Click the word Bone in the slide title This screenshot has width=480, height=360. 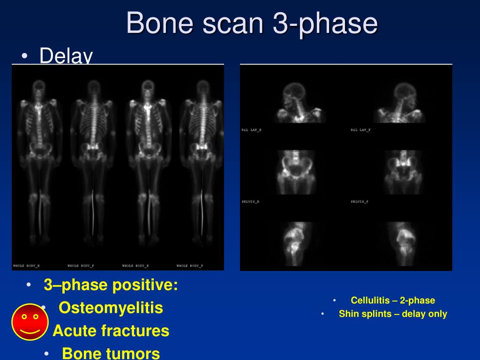pyautogui.click(x=159, y=23)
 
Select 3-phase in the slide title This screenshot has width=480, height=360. pyautogui.click(x=325, y=23)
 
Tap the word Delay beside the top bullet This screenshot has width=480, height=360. pyautogui.click(x=66, y=56)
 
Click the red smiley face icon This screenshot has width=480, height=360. pyautogui.click(x=30, y=322)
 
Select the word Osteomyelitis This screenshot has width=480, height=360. pyautogui.click(x=111, y=308)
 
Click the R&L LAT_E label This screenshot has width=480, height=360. pyautogui.click(x=252, y=130)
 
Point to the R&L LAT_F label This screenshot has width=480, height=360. pyautogui.click(x=360, y=130)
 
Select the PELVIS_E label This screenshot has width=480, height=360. pyautogui.click(x=251, y=202)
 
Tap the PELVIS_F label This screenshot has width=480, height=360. pyautogui.click(x=360, y=202)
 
